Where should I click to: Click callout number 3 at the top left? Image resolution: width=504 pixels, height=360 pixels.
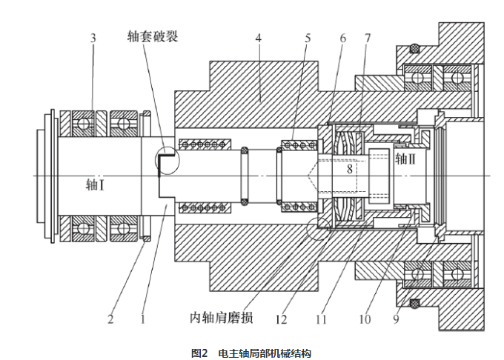click(93, 38)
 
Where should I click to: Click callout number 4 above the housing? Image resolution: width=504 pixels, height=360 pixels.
click(258, 38)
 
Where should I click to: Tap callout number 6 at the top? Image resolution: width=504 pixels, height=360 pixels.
click(342, 38)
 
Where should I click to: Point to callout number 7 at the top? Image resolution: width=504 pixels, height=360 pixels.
click(367, 38)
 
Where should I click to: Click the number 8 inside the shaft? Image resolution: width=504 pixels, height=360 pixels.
click(350, 169)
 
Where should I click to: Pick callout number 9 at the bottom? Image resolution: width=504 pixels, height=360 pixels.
click(396, 320)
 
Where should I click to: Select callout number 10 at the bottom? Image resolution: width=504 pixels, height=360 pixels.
click(365, 320)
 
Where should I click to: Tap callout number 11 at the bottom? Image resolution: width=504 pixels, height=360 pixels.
click(321, 320)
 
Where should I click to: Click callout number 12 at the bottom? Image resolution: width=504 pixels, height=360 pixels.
click(281, 320)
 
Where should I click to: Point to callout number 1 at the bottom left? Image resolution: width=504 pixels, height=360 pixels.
click(145, 320)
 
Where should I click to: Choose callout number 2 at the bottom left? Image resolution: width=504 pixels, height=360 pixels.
click(110, 320)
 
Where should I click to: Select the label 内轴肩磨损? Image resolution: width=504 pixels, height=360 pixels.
click(222, 319)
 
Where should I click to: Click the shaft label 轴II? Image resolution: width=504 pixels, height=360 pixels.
click(408, 159)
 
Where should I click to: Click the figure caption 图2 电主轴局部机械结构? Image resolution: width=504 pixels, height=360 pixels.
click(252, 353)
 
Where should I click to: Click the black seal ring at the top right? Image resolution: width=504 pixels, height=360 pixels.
click(414, 49)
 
